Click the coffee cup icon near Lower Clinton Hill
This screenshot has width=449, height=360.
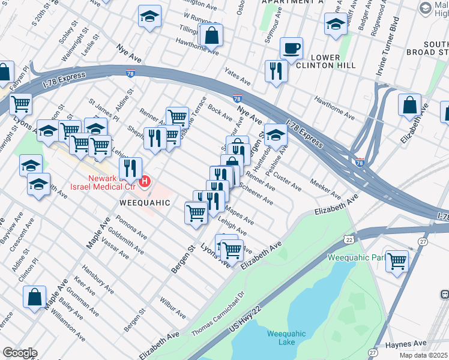click(x=291, y=48)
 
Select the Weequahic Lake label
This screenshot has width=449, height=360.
click(x=286, y=338)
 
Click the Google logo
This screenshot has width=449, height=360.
click(x=19, y=352)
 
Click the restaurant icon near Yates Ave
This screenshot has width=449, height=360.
click(x=276, y=71)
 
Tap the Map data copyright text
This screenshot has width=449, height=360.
click(x=424, y=355)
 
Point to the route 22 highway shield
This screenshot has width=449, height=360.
click(x=349, y=239)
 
